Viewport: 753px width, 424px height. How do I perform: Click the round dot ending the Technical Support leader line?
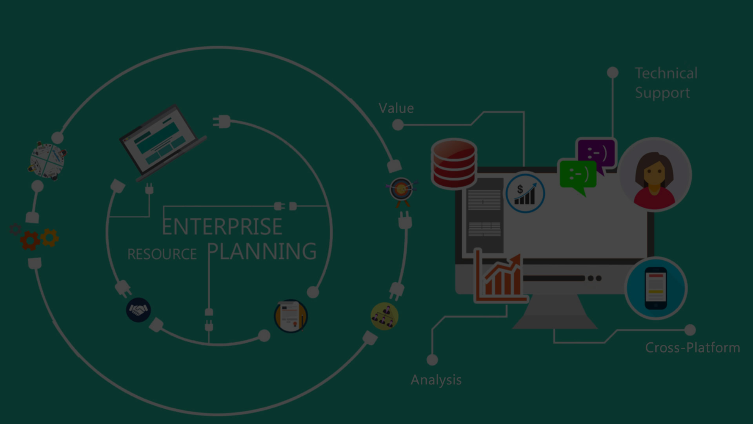point(613,73)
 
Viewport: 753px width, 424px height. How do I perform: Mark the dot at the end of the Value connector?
point(398,125)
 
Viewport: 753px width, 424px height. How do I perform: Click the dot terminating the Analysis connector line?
point(432,360)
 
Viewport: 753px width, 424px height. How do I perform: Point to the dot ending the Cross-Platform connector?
point(690,330)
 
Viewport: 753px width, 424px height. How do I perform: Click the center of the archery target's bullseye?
point(401,190)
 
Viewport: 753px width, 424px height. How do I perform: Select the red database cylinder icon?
point(454,163)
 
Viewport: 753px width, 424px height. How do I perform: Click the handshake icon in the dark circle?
point(138,310)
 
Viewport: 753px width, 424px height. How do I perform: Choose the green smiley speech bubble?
point(578,176)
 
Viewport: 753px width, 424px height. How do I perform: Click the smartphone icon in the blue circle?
point(656,288)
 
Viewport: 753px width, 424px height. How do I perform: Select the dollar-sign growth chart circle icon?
point(525,193)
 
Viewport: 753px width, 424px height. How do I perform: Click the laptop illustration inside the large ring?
point(163,142)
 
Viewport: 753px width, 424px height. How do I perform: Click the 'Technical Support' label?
point(666,83)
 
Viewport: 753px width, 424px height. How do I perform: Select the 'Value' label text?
point(396,108)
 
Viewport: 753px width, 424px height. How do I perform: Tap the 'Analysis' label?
point(436,380)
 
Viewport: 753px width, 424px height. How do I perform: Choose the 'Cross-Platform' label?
point(693,347)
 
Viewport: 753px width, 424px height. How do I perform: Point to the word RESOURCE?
point(162,254)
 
